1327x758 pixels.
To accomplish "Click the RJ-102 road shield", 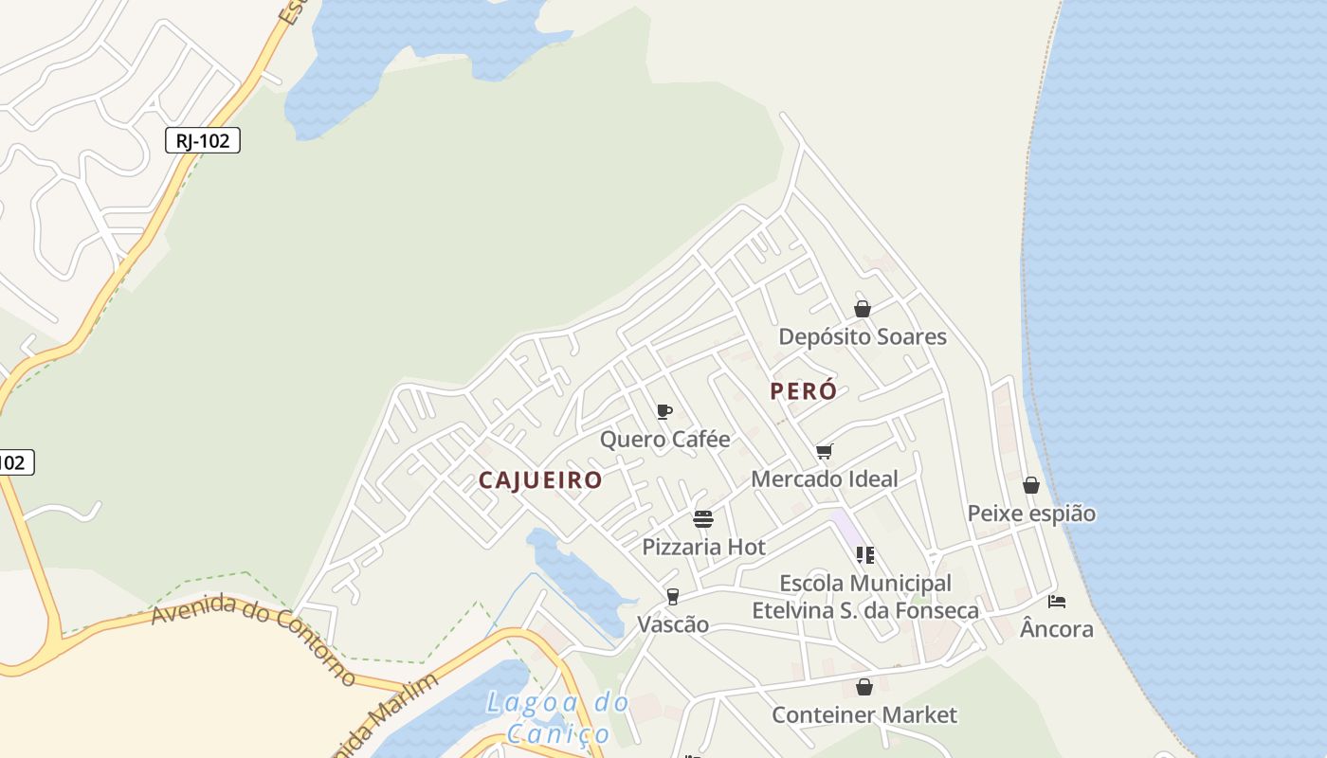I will point(203,141).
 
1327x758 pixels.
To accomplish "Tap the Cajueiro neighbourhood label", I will point(540,480).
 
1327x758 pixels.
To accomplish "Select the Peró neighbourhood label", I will point(804,391).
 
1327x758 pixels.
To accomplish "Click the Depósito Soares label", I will point(863,337).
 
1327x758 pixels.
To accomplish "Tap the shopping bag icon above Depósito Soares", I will point(863,309).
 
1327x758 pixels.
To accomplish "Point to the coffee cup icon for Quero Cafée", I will point(664,411).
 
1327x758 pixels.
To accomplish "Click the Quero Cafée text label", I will point(665,440).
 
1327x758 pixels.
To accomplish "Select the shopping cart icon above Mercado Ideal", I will point(825,451).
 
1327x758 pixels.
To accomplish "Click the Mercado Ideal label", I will point(825,479).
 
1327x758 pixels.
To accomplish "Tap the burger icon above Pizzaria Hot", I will point(702,518).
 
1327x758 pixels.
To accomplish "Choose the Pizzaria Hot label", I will point(703,548).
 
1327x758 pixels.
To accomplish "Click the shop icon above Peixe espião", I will point(1031,486).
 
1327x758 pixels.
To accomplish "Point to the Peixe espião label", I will point(1031,514).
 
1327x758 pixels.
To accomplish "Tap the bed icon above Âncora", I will point(1057,601).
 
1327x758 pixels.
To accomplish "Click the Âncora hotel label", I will point(1057,629).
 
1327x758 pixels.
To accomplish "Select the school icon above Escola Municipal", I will point(864,554).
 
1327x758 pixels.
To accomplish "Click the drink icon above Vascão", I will point(673,596).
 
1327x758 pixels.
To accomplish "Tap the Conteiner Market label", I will point(864,715).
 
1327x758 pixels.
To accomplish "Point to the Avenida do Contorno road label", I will point(253,639).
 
